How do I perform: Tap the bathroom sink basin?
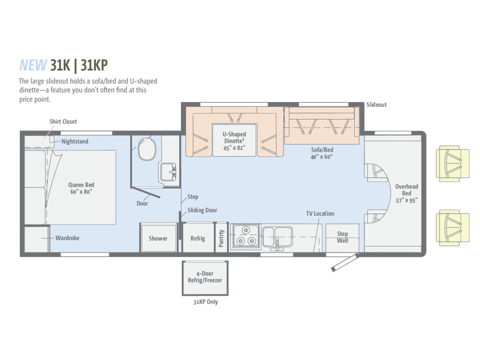tap(167, 172)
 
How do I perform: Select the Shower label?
tap(158, 238)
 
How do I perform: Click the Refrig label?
tap(198, 238)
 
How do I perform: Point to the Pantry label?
tap(221, 238)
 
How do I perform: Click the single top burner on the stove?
tap(246, 230)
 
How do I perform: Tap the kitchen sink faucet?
tap(277, 245)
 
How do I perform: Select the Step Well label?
tap(342, 237)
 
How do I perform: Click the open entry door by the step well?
tap(345, 262)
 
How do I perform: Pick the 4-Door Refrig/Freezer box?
tap(205, 278)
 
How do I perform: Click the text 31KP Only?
tap(205, 302)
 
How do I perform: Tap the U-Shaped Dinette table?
tap(234, 140)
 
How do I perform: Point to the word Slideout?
tap(376, 105)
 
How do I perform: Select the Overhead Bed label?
tap(406, 190)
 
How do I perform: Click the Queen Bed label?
tap(81, 185)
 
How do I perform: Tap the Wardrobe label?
tap(67, 238)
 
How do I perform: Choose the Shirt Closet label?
tap(63, 121)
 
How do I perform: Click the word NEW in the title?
tap(33, 65)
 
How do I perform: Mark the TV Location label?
tap(320, 214)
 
